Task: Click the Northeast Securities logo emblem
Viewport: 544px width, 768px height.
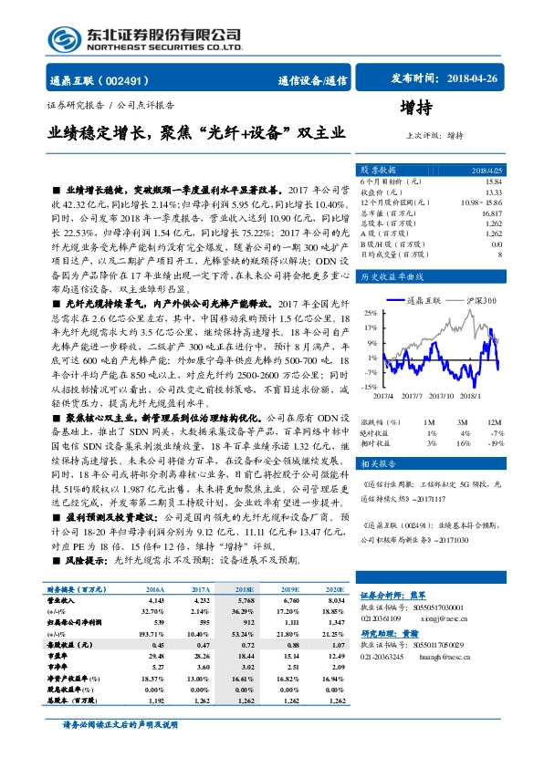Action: [x=65, y=36]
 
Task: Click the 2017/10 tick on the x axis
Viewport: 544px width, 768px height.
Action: [x=442, y=395]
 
